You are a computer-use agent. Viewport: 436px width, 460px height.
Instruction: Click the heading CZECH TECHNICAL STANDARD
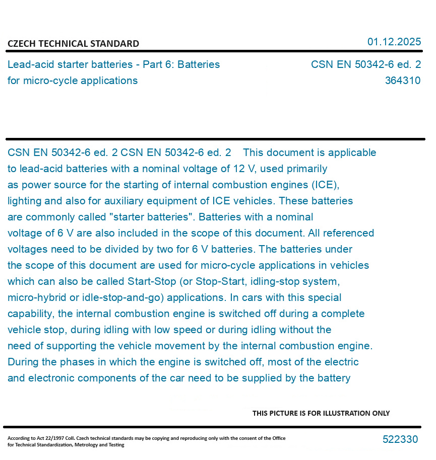pyautogui.click(x=73, y=44)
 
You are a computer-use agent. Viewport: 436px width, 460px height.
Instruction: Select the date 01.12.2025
pyautogui.click(x=394, y=42)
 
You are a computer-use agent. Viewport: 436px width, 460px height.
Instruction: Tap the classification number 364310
pyautogui.click(x=402, y=81)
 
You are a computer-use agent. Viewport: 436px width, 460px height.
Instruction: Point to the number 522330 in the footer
pyautogui.click(x=400, y=439)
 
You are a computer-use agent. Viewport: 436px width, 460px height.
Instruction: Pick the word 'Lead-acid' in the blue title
pyautogui.click(x=29, y=64)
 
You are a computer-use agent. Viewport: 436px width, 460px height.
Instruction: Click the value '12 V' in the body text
pyautogui.click(x=245, y=169)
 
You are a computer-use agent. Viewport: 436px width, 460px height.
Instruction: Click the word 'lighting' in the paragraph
pyautogui.click(x=25, y=201)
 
